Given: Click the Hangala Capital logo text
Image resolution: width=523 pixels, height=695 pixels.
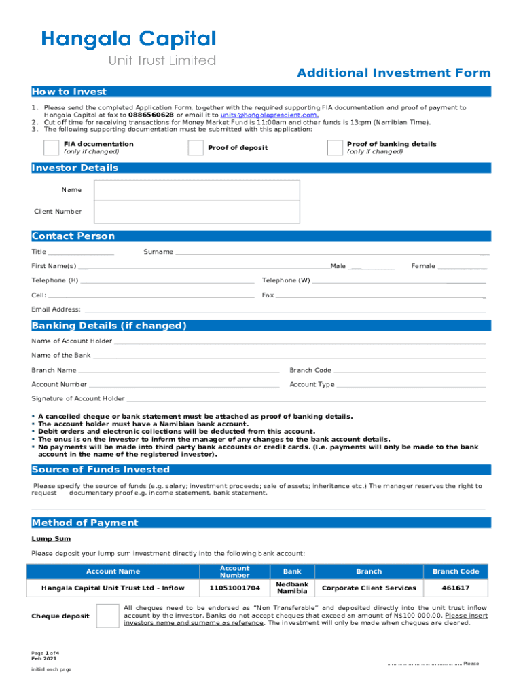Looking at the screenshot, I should [129, 39].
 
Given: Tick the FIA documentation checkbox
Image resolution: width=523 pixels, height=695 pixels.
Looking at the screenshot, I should [51, 148].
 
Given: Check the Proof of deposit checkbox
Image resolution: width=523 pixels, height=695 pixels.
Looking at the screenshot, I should [196, 148].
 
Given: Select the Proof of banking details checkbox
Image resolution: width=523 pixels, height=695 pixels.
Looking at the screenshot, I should [335, 148].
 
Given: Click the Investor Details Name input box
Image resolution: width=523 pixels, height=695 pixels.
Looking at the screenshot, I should [197, 191].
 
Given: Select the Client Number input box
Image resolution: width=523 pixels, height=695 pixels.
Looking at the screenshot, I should [197, 212].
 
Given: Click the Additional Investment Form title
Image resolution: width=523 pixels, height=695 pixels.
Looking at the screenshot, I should [393, 73].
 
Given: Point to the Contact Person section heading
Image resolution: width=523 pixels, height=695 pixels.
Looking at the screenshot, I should [73, 236].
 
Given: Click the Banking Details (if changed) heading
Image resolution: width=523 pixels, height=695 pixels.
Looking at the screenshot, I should [109, 326].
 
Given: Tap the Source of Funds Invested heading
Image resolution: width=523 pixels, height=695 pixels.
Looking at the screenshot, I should [101, 470].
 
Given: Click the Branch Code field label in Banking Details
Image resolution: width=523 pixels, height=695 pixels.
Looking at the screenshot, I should [310, 371].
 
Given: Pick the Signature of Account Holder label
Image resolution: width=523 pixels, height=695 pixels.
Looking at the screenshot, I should [78, 399].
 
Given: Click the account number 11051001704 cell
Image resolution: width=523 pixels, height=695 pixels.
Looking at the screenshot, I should [234, 588].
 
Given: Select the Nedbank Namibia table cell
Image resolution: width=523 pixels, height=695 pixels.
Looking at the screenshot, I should [292, 588].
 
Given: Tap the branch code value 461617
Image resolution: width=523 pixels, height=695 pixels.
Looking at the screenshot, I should [455, 588].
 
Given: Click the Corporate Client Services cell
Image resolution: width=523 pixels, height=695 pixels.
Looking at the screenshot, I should [369, 588].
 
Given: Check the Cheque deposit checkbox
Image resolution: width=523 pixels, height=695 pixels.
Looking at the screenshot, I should [107, 616].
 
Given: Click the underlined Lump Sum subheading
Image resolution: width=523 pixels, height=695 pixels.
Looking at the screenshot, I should [51, 539].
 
